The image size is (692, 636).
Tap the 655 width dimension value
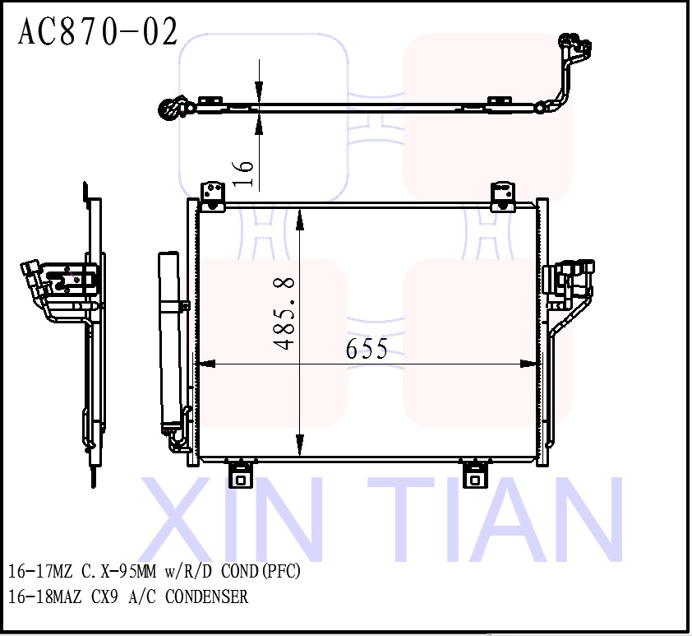click(x=367, y=349)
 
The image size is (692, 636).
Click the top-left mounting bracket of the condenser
click(x=214, y=197)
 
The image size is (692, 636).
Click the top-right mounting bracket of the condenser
click(x=502, y=197)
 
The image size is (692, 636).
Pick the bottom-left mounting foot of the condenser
click(x=241, y=475)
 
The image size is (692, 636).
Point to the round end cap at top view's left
click(x=170, y=108)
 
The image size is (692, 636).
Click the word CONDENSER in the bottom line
click(x=206, y=597)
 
